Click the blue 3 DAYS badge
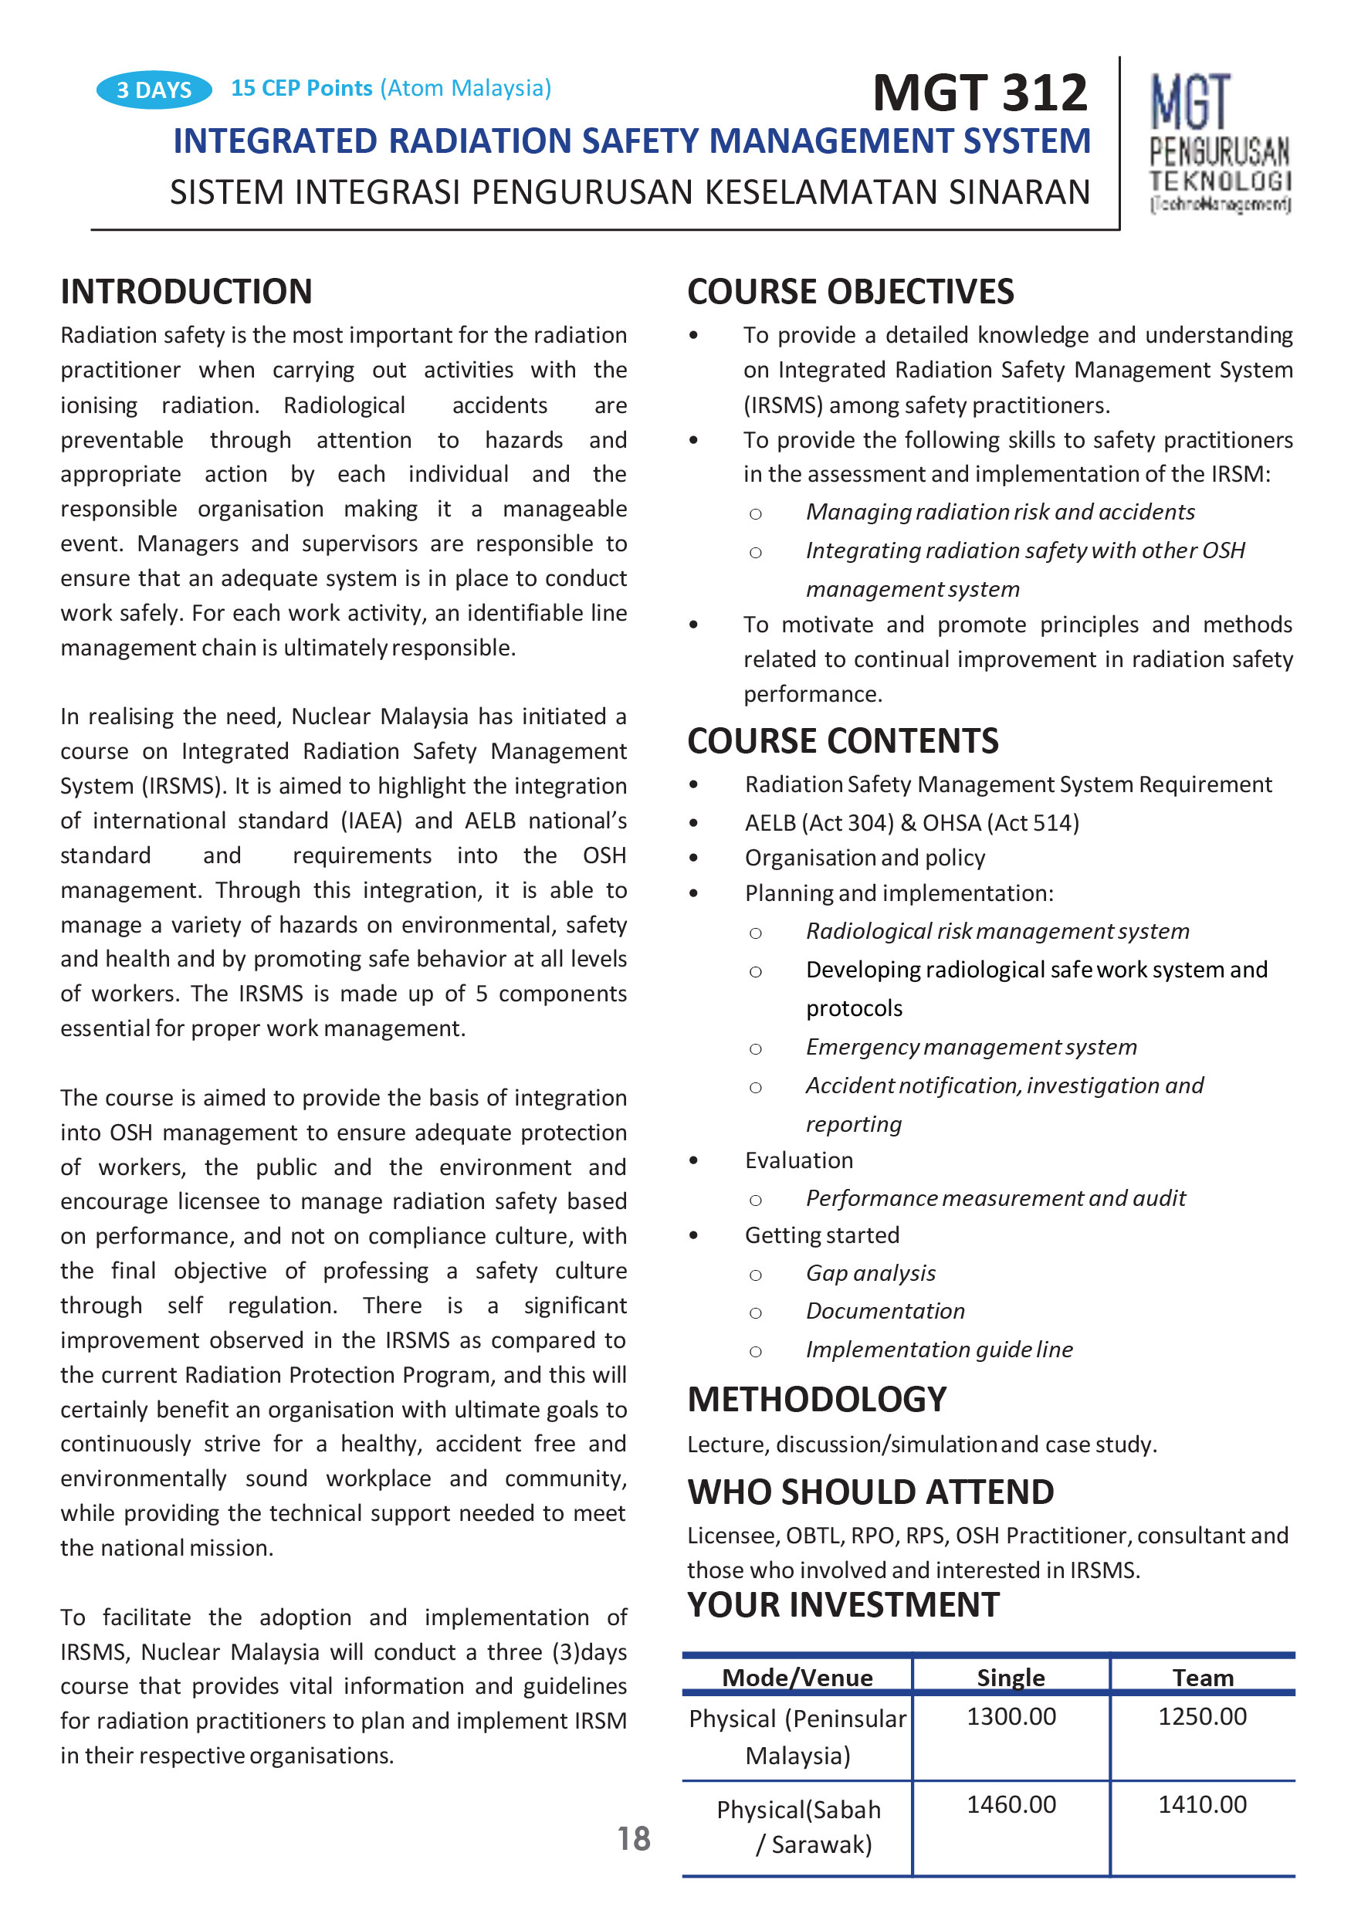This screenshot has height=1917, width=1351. click(154, 90)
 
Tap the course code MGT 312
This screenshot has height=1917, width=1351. click(980, 92)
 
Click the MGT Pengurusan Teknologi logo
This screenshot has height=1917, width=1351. click(1219, 144)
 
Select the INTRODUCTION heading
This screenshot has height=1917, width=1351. click(186, 291)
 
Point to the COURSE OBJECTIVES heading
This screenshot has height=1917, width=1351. click(850, 291)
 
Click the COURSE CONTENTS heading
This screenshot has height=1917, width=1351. click(842, 740)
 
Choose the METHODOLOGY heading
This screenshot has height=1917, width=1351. click(817, 1398)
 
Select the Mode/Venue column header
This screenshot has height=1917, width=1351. click(797, 1678)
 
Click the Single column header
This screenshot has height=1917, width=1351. click(1011, 1678)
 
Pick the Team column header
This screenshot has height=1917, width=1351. click(1202, 1678)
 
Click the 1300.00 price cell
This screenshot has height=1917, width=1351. click(1011, 1716)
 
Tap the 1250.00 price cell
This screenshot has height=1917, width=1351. click(1201, 1716)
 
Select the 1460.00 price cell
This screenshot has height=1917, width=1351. click(1011, 1804)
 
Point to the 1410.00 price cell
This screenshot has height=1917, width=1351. click(1201, 1804)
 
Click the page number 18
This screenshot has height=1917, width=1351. click(634, 1838)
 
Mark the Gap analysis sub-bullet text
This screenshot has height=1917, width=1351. click(870, 1272)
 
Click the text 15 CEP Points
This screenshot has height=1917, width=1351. click(301, 88)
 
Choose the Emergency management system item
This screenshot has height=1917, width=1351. click(971, 1046)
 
